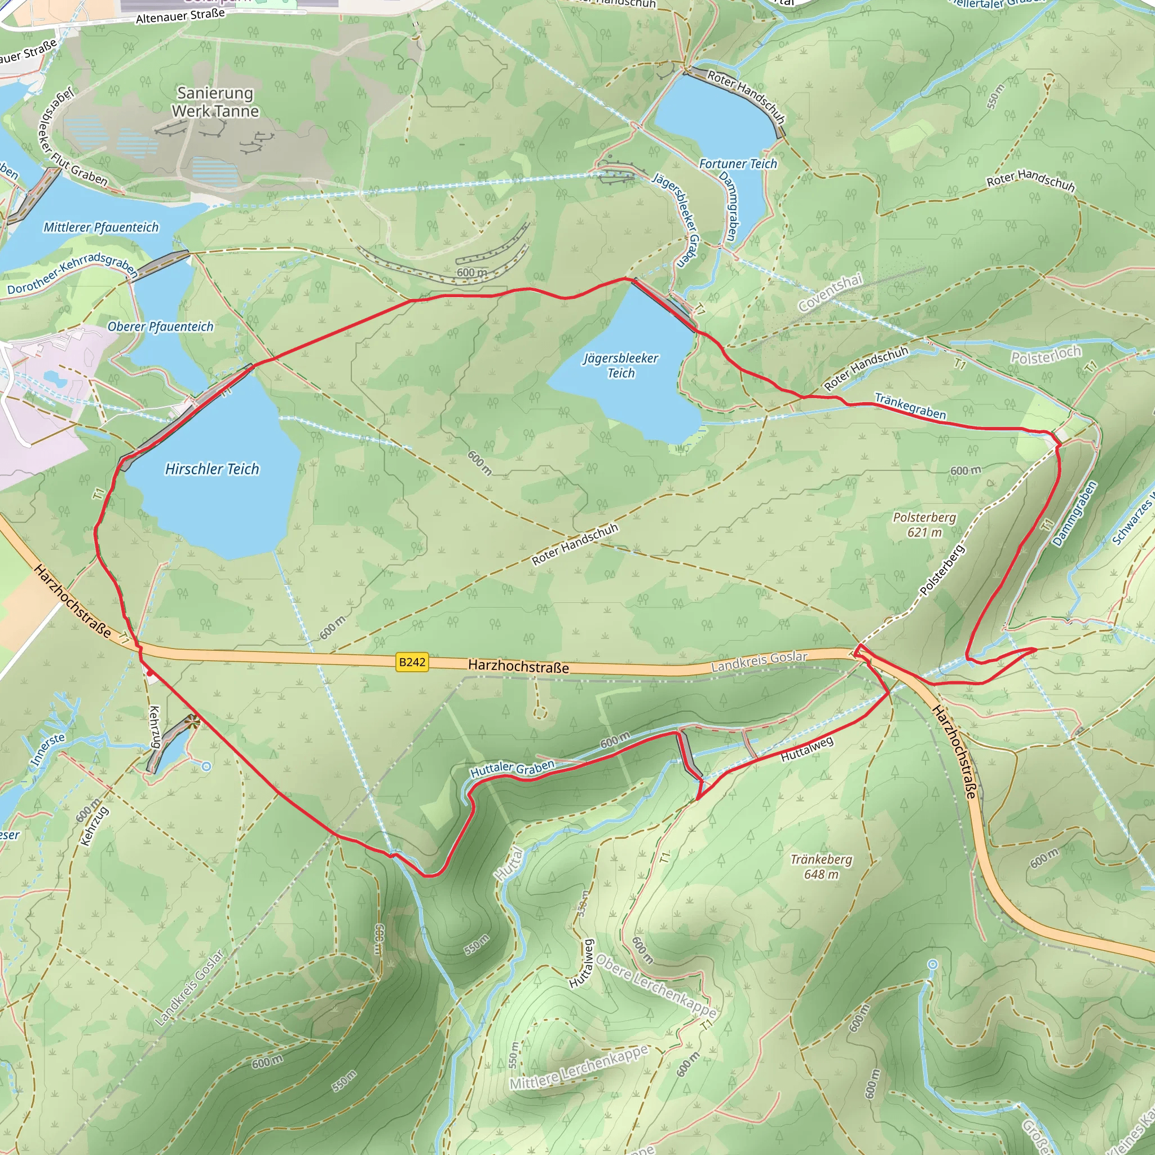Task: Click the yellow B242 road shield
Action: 412,662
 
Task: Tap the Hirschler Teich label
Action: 212,469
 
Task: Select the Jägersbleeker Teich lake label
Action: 620,365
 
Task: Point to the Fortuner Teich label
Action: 738,164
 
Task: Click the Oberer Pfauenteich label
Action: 160,327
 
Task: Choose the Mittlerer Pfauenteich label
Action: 101,227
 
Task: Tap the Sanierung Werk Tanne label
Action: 215,102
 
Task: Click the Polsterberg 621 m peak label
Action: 924,524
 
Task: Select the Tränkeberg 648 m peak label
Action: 821,866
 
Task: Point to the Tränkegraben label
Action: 910,406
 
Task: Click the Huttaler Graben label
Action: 512,768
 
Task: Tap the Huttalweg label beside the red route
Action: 807,749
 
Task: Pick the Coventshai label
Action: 830,292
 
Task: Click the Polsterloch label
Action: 1046,355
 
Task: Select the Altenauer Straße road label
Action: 180,16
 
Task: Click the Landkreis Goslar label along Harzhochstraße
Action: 759,660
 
